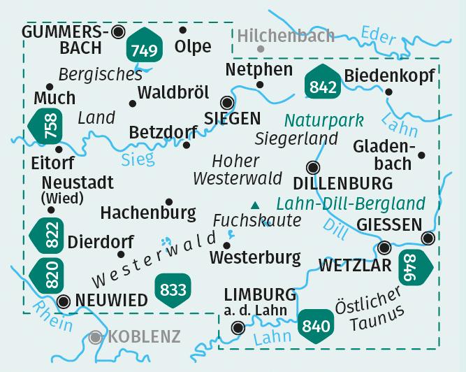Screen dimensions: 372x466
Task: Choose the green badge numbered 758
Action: (x=46, y=128)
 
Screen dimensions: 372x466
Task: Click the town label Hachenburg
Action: (x=148, y=211)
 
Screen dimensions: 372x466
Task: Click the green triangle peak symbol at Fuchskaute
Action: (x=254, y=205)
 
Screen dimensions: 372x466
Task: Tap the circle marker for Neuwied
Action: (x=64, y=301)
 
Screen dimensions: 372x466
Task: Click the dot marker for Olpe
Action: (x=183, y=30)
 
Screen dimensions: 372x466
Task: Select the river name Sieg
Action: (x=138, y=159)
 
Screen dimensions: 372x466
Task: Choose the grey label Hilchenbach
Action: (x=286, y=36)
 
